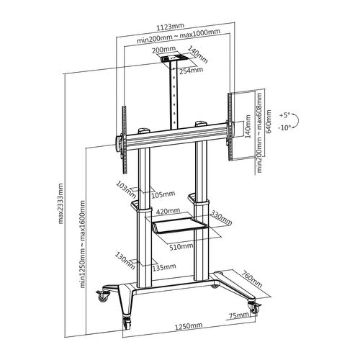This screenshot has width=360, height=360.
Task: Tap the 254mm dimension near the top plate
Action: point(190,71)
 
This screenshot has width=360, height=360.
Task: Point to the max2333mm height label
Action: point(63,202)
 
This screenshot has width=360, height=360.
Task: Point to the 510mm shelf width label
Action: point(181,246)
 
